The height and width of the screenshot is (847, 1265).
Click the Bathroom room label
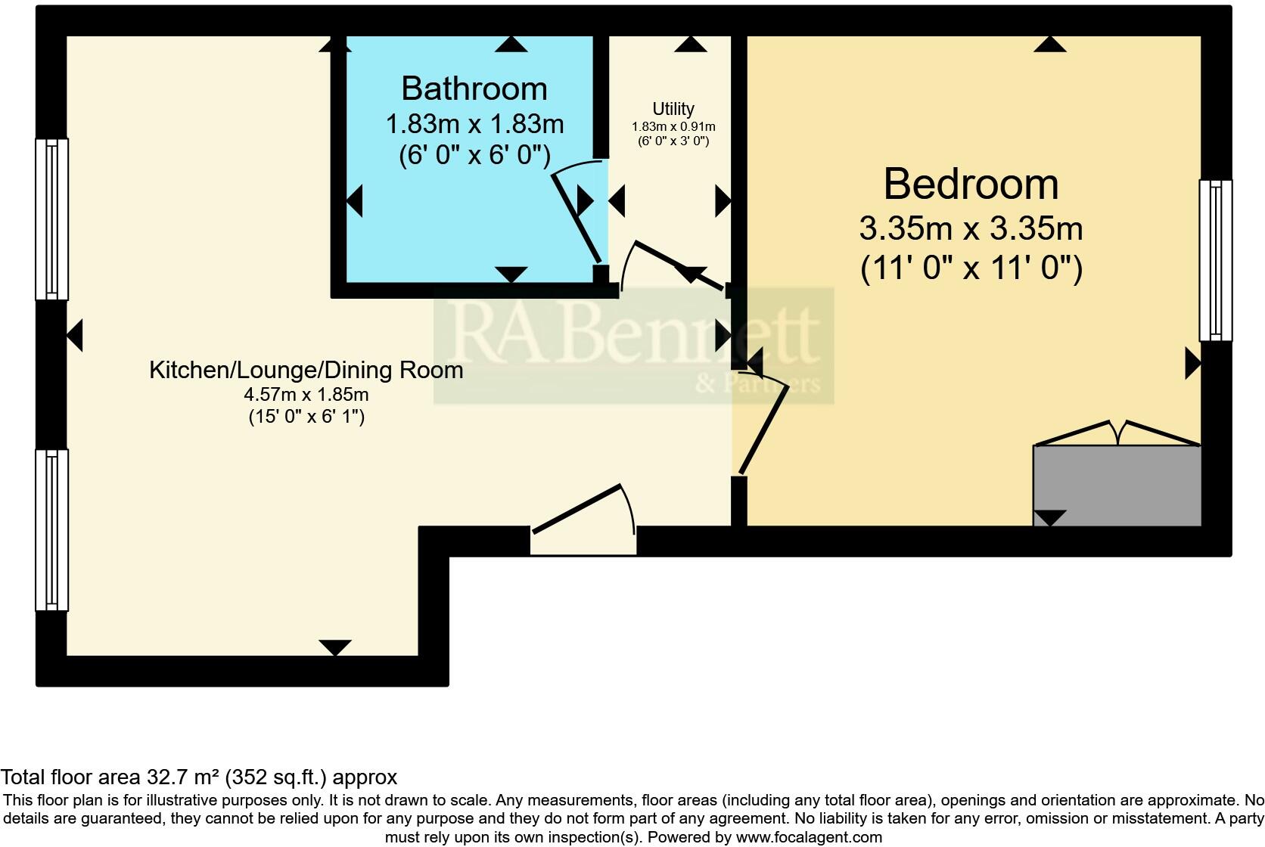pos(474,89)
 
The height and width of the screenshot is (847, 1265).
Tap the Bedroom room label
pos(971,185)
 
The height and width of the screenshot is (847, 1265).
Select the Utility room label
pos(673,109)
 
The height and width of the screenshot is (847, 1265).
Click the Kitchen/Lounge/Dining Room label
pos(306,370)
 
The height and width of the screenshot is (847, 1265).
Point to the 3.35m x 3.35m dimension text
pos(971,228)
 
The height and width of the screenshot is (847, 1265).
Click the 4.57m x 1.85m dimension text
pos(306,394)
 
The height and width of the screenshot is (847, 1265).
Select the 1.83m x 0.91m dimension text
pos(673,127)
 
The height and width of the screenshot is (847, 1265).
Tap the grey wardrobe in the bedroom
pos(1117,485)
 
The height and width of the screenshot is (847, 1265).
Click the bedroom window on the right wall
pos(1215,260)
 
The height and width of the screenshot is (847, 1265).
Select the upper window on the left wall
pos(51,219)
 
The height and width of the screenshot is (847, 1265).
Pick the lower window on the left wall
pos(51,529)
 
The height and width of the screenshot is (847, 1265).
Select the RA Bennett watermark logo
pos(634,345)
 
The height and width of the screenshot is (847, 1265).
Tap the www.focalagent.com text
pos(809,837)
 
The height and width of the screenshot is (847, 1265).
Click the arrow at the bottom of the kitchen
pos(335,647)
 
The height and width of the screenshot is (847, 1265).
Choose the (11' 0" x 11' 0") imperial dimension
pos(971,268)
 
